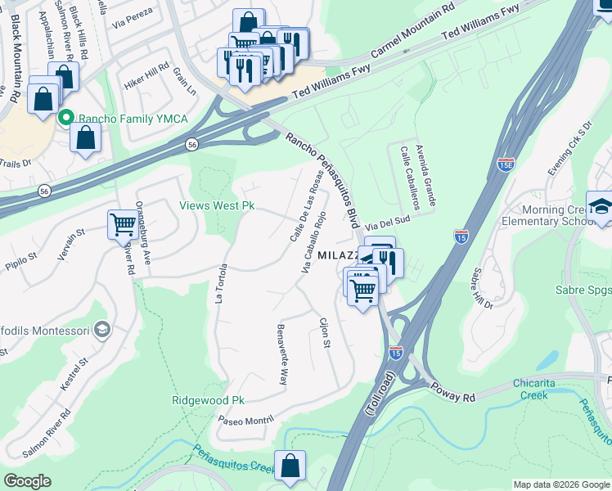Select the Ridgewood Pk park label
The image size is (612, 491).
(x=209, y=400)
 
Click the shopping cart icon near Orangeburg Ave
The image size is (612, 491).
(x=123, y=223)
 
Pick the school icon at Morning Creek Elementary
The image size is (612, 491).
(x=601, y=206)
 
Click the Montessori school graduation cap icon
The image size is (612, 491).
(x=102, y=330)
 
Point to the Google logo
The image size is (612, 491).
(x=27, y=481)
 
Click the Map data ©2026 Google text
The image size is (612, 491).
(x=560, y=484)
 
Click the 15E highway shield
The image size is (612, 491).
(x=506, y=164)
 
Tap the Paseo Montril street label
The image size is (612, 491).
(x=245, y=420)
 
